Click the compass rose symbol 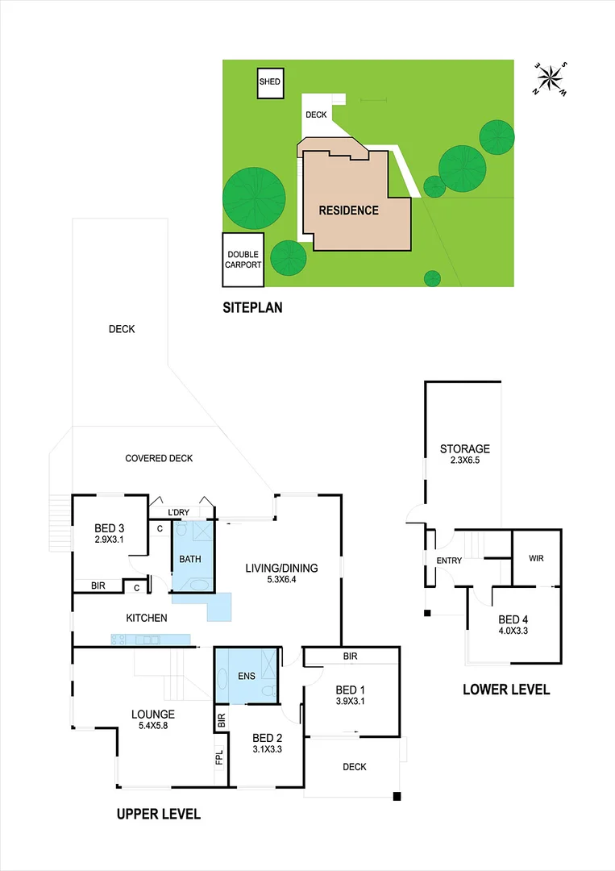551,78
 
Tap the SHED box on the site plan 270,82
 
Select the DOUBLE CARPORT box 243,260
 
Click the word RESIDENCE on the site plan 348,210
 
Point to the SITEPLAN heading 252,307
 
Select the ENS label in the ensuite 247,676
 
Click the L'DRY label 179,513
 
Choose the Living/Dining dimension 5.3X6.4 281,580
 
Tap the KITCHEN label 146,618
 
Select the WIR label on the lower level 537,558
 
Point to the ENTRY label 449,561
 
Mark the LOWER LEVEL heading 506,690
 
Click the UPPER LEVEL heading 158,814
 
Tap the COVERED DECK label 159,458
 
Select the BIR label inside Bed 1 350,656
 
